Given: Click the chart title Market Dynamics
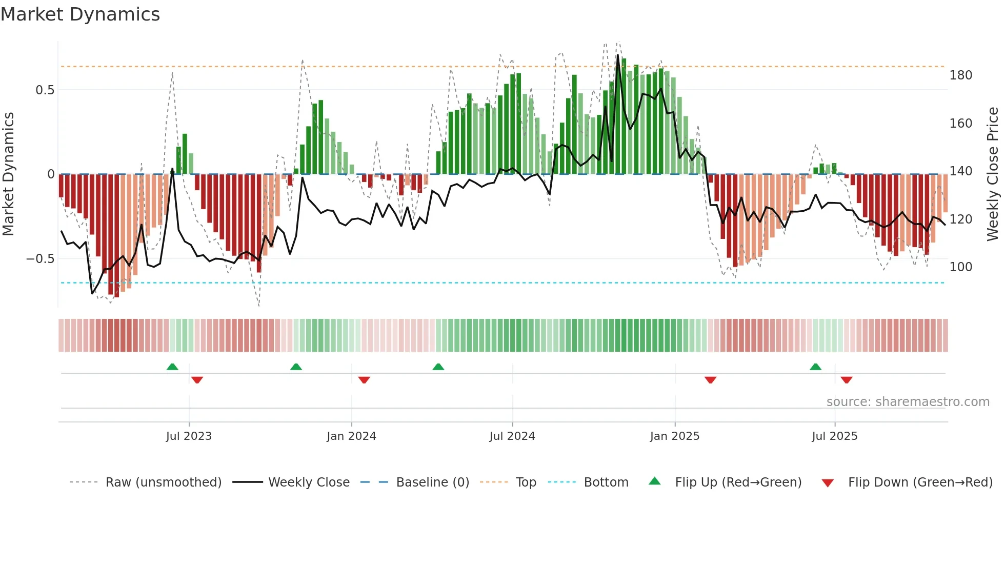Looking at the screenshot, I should [x=80, y=14].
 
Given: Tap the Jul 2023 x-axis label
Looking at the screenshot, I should [x=189, y=436].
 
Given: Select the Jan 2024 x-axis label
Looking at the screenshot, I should [x=351, y=436].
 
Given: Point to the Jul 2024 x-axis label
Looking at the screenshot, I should [x=512, y=436].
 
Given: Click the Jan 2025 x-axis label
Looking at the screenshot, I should [x=674, y=436].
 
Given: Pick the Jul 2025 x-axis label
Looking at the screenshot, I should [x=834, y=436].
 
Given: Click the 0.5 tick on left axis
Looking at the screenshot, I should [x=45, y=90].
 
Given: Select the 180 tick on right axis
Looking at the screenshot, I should [x=960, y=75].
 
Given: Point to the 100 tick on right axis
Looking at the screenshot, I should [x=960, y=267].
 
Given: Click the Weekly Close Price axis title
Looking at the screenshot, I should [x=993, y=174].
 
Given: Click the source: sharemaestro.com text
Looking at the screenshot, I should [x=908, y=402].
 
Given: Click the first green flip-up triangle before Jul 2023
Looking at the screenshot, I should [x=172, y=367].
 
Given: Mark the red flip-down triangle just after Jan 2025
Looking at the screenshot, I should [x=710, y=380].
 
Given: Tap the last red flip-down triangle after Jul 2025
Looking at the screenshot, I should [x=847, y=380].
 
